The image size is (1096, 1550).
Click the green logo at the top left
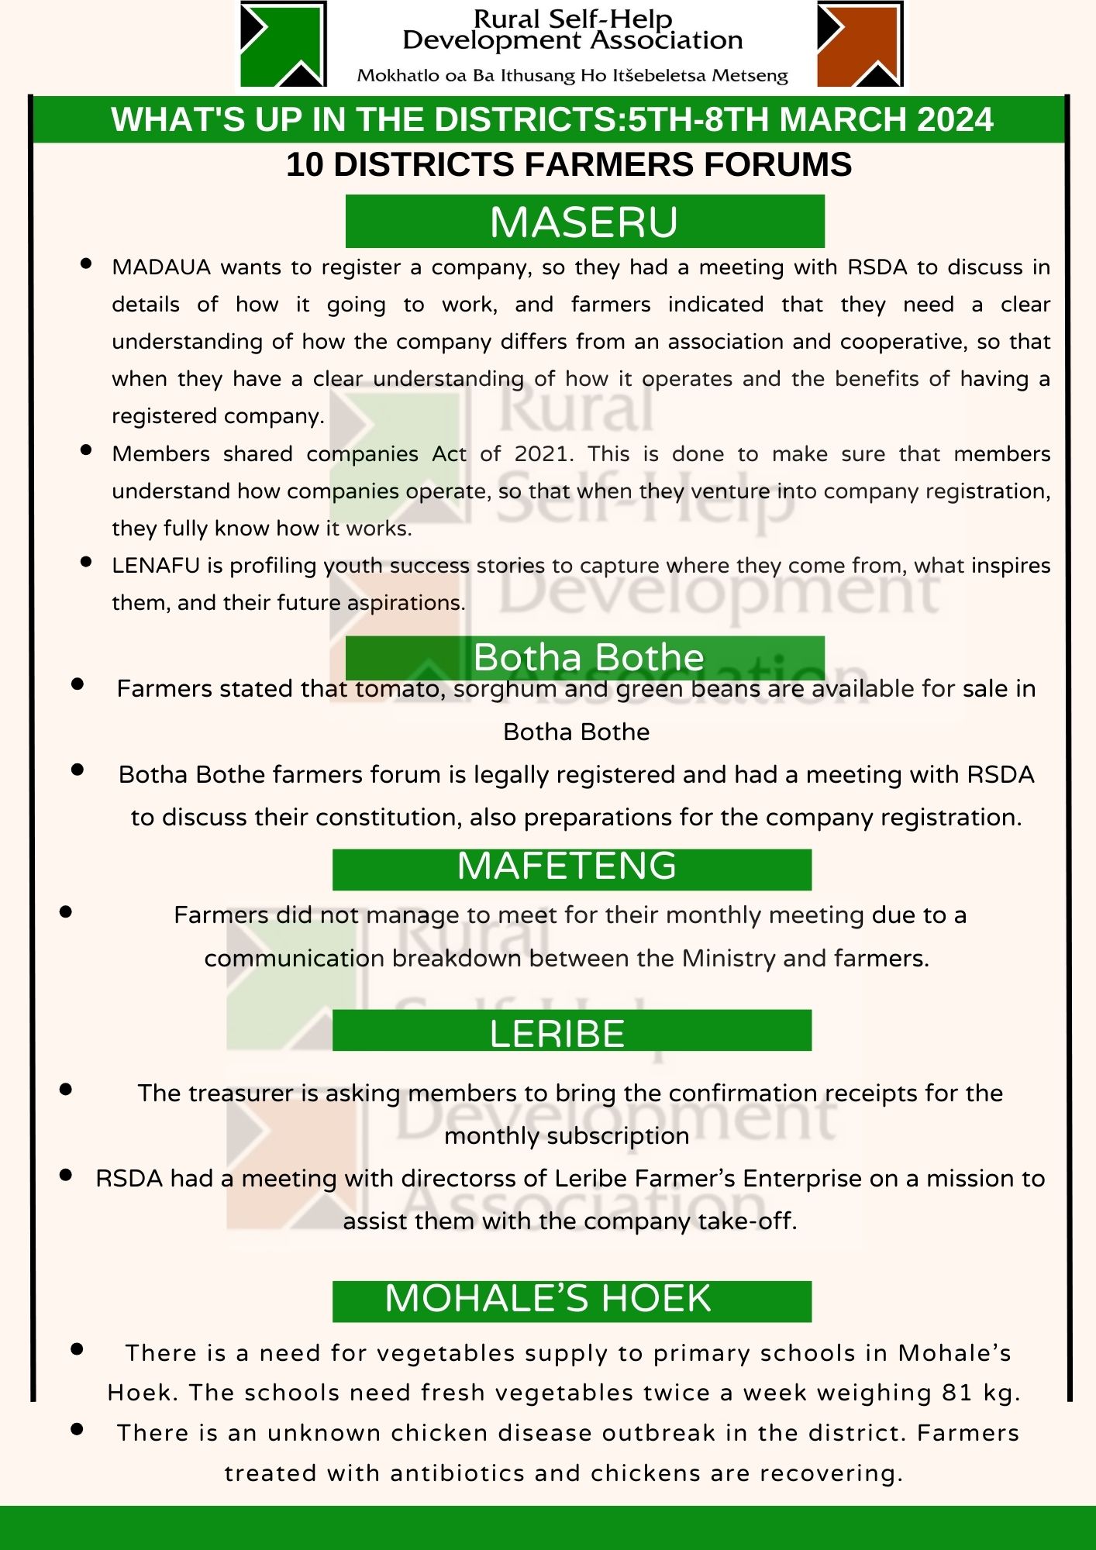point(282,43)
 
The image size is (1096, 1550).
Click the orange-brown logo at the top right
point(860,43)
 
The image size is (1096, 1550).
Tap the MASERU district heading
point(584,222)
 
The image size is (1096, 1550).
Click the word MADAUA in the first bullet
point(161,267)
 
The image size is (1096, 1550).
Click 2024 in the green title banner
point(954,119)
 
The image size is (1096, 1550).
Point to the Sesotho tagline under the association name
point(572,76)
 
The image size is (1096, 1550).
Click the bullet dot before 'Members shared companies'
point(86,450)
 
